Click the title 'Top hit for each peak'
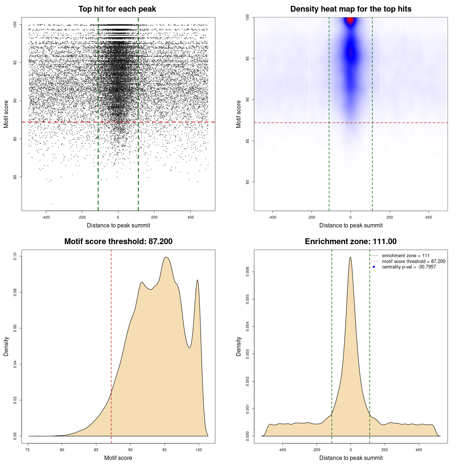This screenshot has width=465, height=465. click(x=117, y=9)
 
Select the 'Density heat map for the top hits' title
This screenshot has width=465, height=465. click(x=351, y=9)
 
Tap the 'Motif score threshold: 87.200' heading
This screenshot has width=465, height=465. click(x=118, y=242)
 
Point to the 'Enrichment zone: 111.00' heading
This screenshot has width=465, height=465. click(x=351, y=242)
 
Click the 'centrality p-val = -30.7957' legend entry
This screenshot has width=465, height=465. click(x=409, y=267)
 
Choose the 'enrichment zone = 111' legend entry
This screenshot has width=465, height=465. click(x=405, y=256)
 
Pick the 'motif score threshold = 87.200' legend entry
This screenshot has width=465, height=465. click(x=413, y=262)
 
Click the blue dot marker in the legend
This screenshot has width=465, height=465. click(x=374, y=267)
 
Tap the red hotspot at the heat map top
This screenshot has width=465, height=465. click(x=350, y=20)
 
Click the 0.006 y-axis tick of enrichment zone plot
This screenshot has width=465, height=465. click(x=247, y=272)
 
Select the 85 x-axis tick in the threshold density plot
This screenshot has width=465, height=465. click(x=96, y=450)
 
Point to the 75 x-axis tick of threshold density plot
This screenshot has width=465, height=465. click(x=28, y=450)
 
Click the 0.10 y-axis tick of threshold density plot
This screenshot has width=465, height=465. click(x=15, y=256)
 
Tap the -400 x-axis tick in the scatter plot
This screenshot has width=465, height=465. click(x=46, y=217)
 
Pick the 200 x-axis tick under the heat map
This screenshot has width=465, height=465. click(x=389, y=217)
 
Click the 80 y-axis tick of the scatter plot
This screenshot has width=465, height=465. click(x=15, y=177)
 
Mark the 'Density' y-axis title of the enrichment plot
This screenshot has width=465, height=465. click(x=239, y=346)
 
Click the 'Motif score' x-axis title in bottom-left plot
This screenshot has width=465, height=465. click(x=118, y=458)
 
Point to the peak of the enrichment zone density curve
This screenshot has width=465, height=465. click(x=350, y=258)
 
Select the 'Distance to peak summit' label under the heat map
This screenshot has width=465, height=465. click(x=351, y=225)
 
